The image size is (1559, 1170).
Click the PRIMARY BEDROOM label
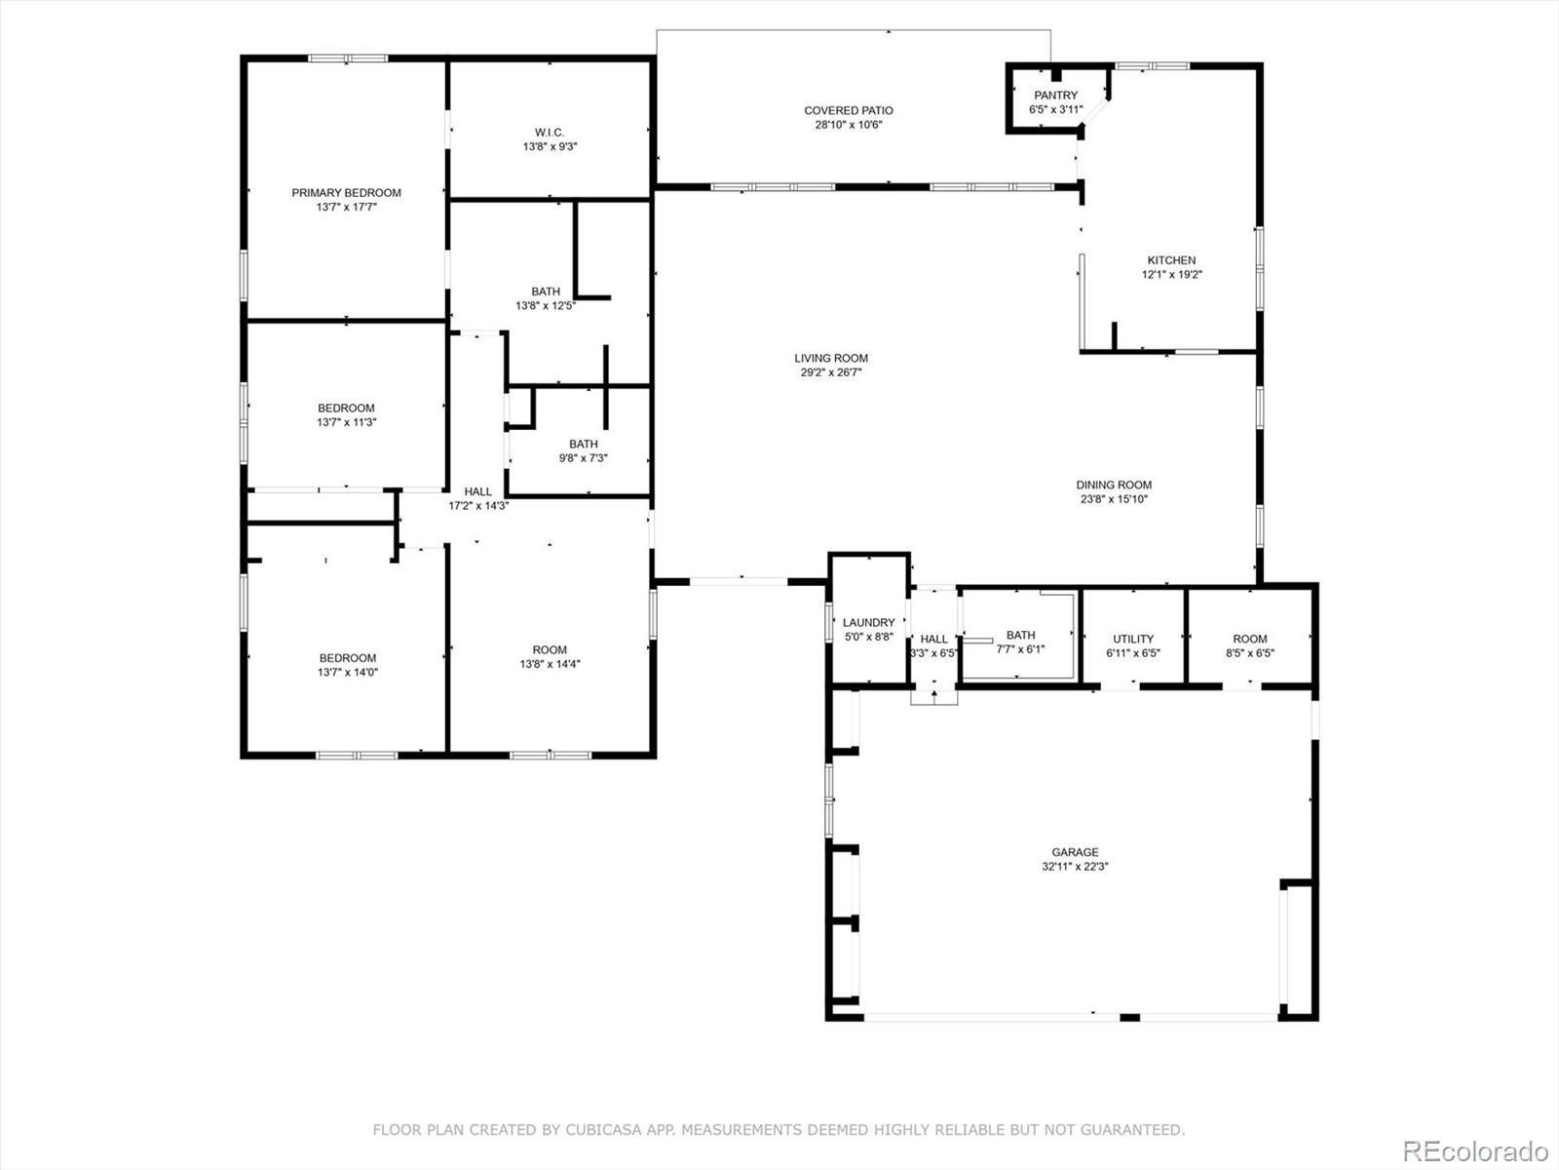(347, 192)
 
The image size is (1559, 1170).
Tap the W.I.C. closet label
(550, 133)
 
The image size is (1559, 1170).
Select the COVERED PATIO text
(849, 110)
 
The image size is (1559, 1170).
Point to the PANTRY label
(1056, 96)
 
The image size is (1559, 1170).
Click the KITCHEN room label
(1172, 260)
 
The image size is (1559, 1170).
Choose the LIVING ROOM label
(831, 358)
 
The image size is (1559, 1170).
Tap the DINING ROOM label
(1114, 485)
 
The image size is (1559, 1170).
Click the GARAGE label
(1076, 852)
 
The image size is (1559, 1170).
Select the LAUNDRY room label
(868, 622)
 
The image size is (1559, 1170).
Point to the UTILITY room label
(1133, 639)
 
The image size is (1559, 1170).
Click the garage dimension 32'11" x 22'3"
(1076, 866)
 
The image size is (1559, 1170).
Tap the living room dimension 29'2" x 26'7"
(831, 372)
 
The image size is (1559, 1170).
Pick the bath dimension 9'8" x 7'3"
(583, 458)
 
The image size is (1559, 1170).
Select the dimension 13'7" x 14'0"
(347, 672)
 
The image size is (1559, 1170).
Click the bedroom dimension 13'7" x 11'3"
(347, 422)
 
